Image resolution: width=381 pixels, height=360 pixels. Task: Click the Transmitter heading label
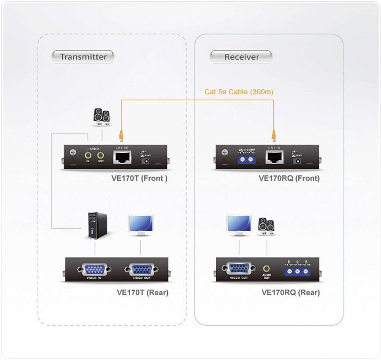click(x=83, y=57)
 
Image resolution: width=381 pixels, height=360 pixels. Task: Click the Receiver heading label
click(x=241, y=57)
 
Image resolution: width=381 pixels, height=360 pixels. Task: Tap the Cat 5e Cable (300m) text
click(x=239, y=92)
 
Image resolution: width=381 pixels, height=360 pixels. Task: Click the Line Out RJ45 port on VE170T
click(x=122, y=157)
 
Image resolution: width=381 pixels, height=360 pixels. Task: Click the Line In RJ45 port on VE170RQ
click(x=274, y=157)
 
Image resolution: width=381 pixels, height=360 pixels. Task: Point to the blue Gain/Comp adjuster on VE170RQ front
click(x=247, y=159)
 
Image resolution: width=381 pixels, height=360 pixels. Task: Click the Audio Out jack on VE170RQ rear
click(x=267, y=269)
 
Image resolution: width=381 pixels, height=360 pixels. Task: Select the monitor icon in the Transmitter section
click(x=141, y=225)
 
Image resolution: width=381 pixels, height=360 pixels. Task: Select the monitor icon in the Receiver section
click(x=239, y=225)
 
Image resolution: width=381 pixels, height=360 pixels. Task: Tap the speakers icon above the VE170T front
click(x=101, y=116)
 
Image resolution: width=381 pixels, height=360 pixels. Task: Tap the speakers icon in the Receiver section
click(x=266, y=226)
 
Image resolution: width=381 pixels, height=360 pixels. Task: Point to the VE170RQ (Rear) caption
click(x=290, y=292)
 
